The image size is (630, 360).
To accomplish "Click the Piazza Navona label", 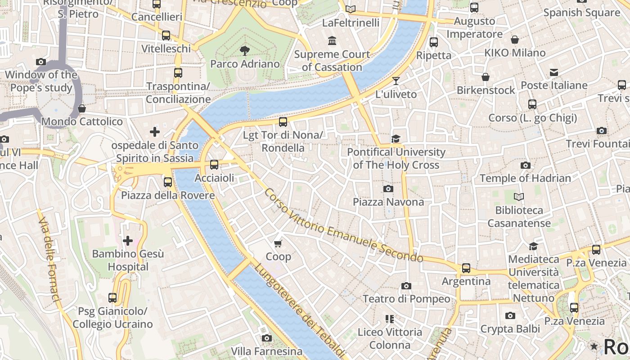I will pyautogui.click(x=388, y=202).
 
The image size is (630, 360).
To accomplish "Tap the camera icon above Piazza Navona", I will pyautogui.click(x=388, y=189).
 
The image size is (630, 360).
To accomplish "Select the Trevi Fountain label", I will pyautogui.click(x=598, y=144).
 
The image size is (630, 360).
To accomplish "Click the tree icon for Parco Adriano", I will pyautogui.click(x=245, y=50).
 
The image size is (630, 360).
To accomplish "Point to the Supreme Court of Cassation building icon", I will pyautogui.click(x=332, y=41).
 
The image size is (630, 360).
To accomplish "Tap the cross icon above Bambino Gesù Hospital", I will pyautogui.click(x=128, y=241).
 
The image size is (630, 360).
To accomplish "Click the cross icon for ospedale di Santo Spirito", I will pyautogui.click(x=155, y=132).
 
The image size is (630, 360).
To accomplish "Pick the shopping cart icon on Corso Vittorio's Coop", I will pyautogui.click(x=278, y=243).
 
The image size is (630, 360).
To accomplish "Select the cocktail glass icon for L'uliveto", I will pyautogui.click(x=396, y=81).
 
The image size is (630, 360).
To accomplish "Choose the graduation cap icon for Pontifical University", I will pyautogui.click(x=396, y=139).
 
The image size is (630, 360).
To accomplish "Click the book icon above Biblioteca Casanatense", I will pyautogui.click(x=519, y=197).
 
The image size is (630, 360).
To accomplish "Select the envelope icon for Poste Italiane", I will pyautogui.click(x=554, y=72).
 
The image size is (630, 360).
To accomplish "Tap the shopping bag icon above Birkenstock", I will pyautogui.click(x=486, y=77).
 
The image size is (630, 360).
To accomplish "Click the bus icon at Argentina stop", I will pyautogui.click(x=466, y=268).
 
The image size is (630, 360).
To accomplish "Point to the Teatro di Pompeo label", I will pyautogui.click(x=406, y=299).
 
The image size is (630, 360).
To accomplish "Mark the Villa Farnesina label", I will pyautogui.click(x=266, y=351).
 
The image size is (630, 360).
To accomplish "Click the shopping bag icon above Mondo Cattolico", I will pyautogui.click(x=82, y=108).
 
